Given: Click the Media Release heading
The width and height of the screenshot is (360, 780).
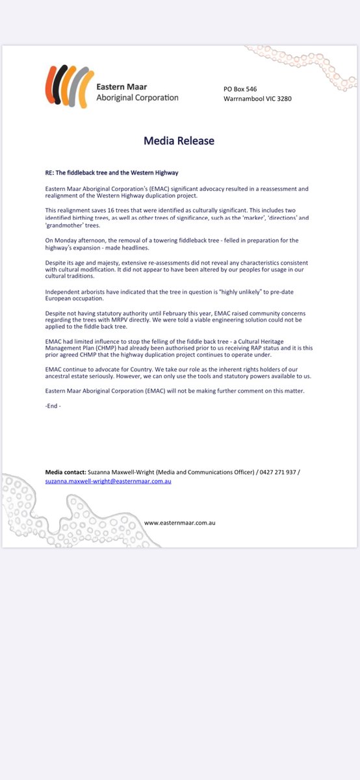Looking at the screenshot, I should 179,140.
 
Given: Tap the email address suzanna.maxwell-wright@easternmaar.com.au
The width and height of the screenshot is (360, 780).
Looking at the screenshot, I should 108,482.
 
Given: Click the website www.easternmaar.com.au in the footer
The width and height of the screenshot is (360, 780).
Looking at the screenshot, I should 179,523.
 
